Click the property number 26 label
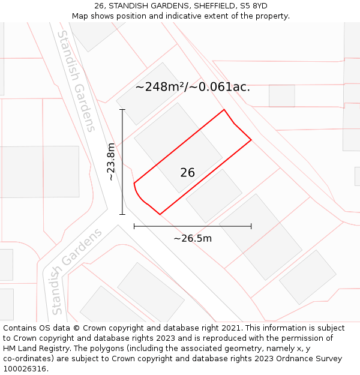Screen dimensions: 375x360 click(x=187, y=173)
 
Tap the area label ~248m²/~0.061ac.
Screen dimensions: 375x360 click(x=193, y=87)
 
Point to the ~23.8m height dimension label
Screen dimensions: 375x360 click(x=111, y=161)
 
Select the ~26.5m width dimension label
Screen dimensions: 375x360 click(x=193, y=238)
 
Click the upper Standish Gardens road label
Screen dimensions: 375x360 click(x=76, y=81)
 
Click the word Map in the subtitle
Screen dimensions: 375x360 click(x=80, y=16)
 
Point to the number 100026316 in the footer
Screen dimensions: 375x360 click(x=23, y=369)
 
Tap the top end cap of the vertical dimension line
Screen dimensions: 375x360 click(x=122, y=110)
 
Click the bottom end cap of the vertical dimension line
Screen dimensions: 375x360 click(x=122, y=214)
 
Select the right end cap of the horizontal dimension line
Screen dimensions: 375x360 click(x=251, y=226)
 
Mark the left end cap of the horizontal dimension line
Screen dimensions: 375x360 click(x=134, y=226)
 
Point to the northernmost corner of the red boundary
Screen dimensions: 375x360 click(x=224, y=110)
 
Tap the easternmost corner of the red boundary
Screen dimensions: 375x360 click(x=251, y=140)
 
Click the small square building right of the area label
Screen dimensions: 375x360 click(x=281, y=96)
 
